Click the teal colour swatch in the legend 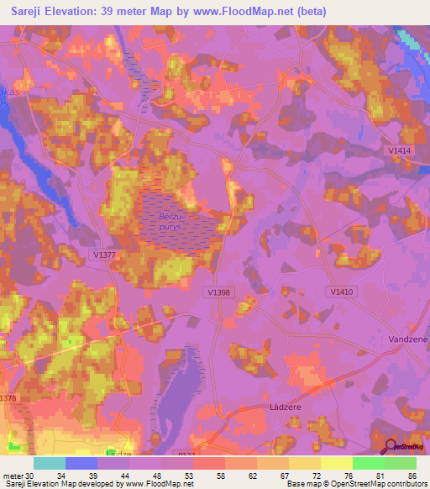50,463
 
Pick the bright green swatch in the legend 370,463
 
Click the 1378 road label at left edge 8,398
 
